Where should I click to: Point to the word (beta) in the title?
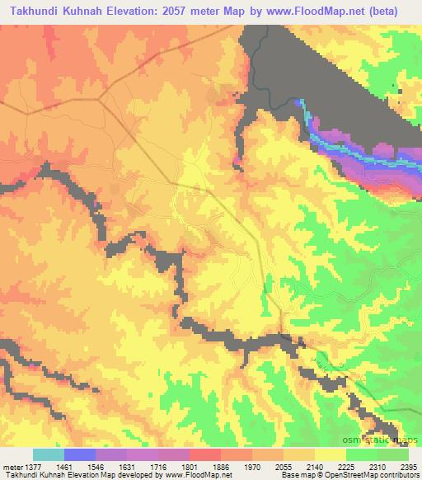396,11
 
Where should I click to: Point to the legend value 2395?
410,466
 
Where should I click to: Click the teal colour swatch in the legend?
49,454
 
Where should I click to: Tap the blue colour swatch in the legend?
80,454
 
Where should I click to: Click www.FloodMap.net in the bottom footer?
197,475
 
